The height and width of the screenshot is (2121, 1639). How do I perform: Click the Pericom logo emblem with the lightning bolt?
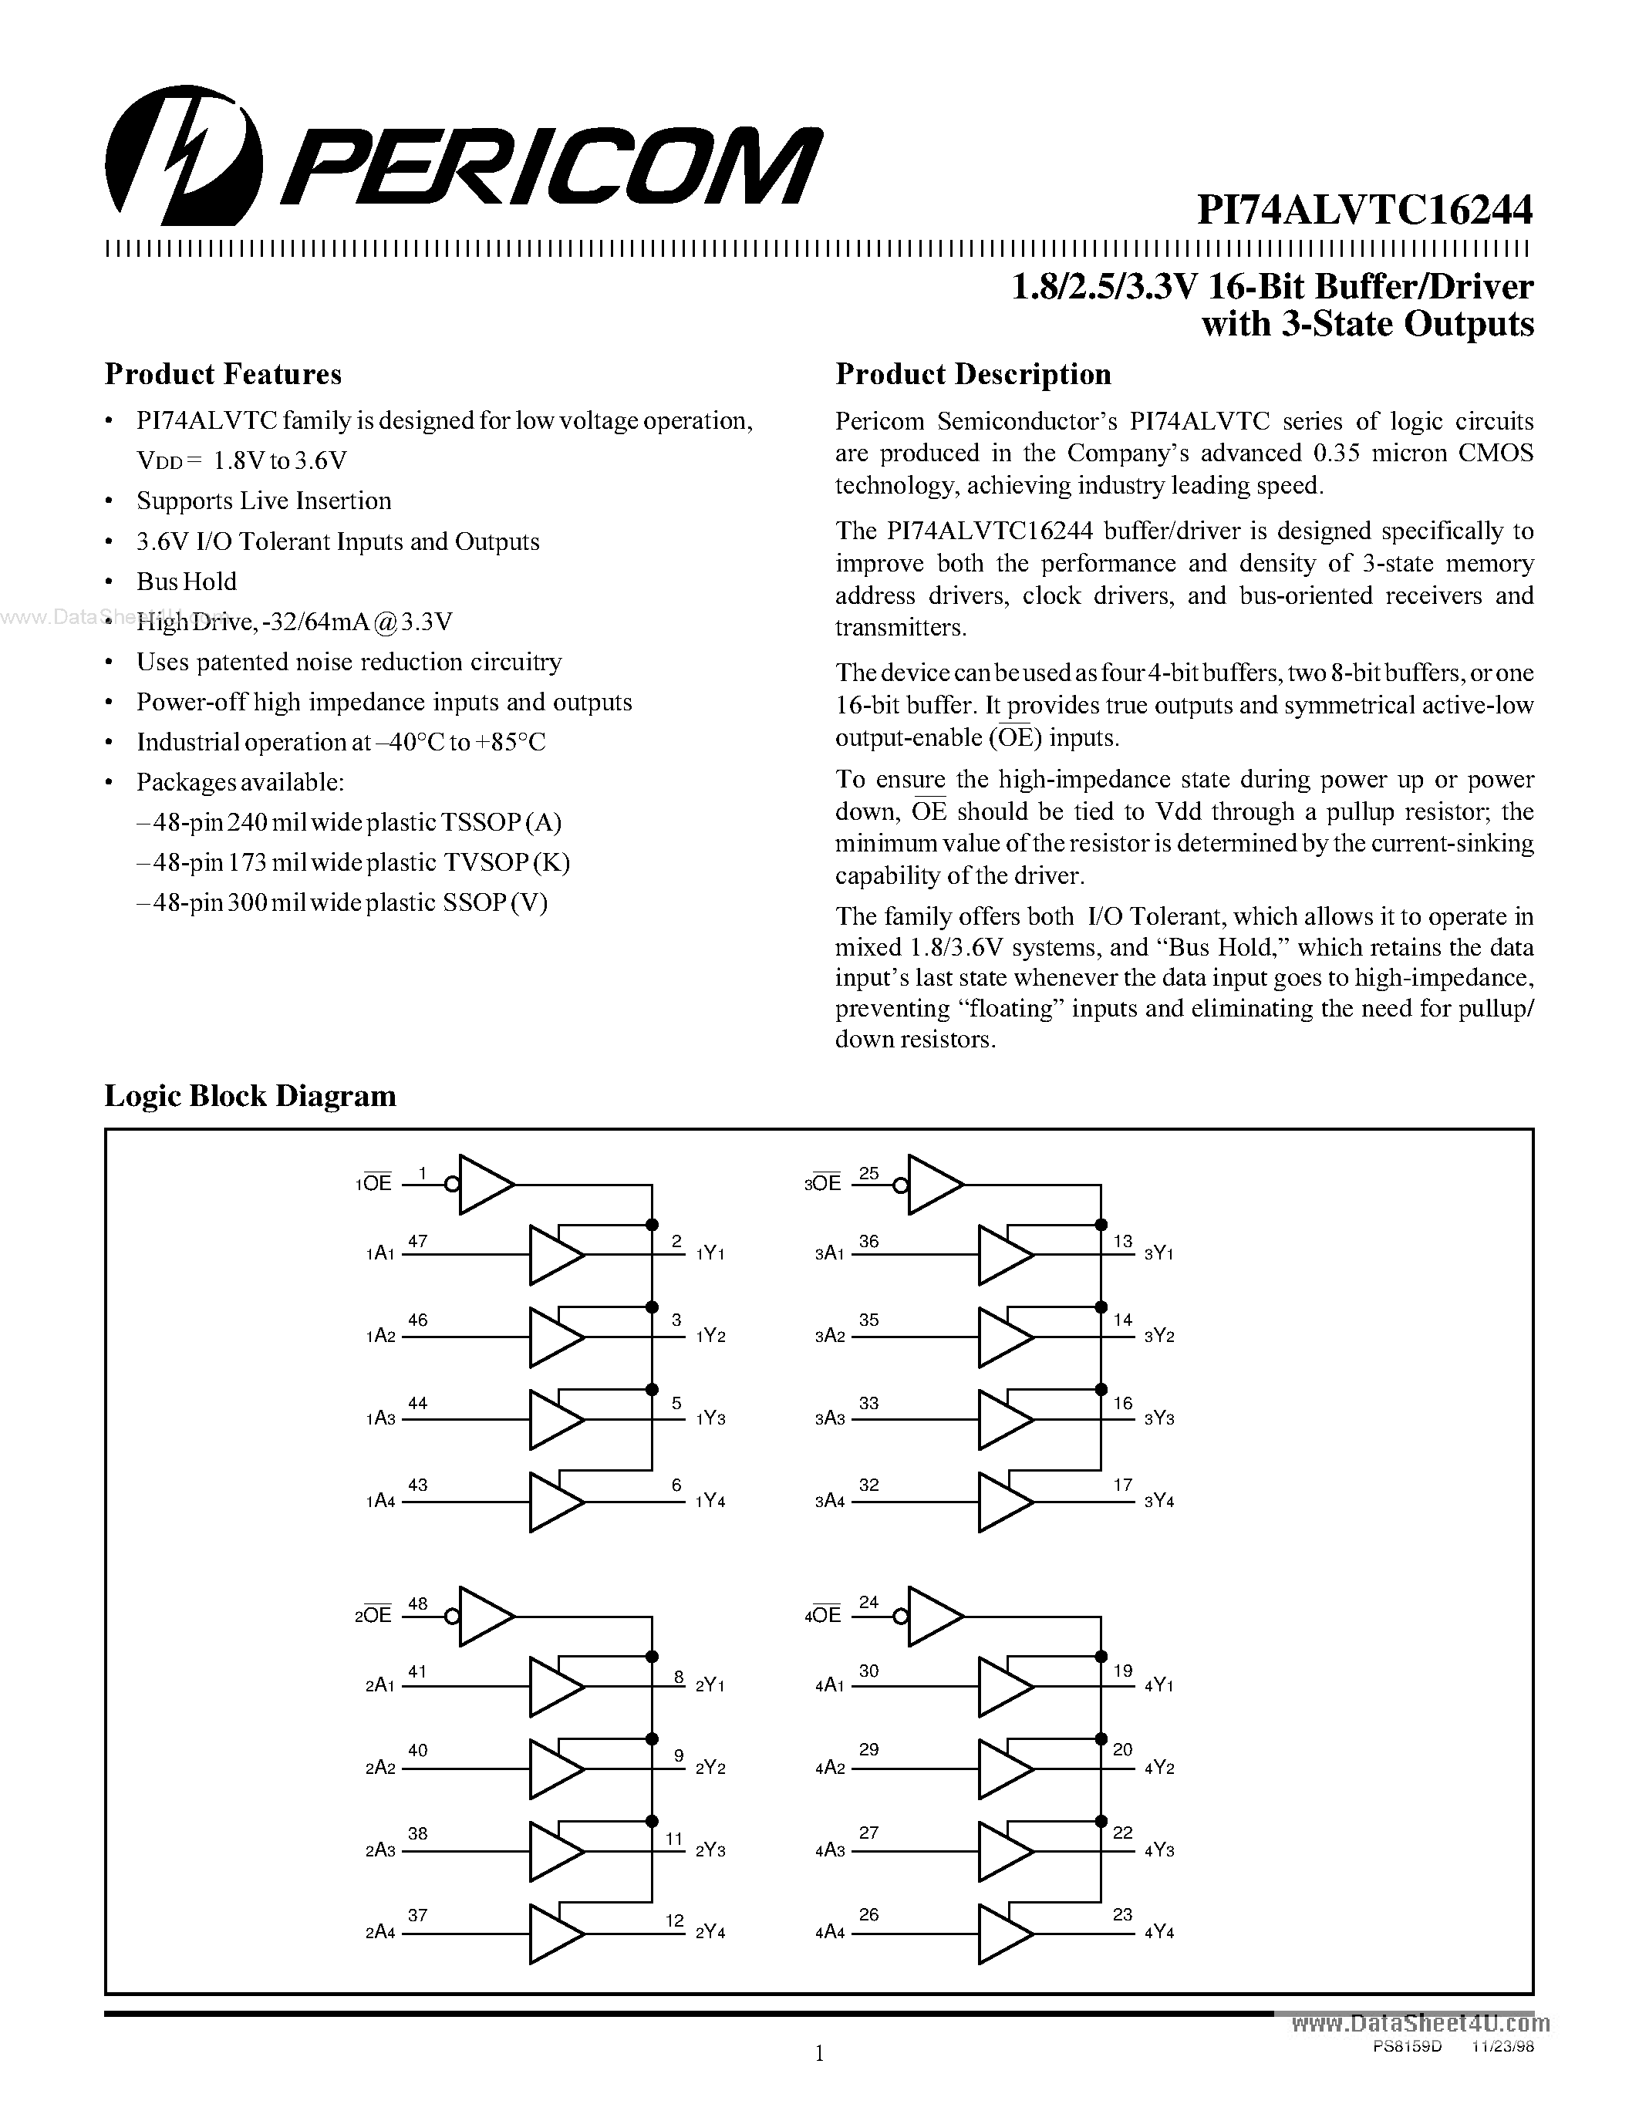184,155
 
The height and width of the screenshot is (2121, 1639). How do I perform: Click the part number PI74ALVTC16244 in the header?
1364,209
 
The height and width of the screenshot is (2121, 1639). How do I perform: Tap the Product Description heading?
973,374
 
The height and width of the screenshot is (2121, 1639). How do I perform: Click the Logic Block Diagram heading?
250,1095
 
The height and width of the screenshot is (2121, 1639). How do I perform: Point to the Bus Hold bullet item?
187,582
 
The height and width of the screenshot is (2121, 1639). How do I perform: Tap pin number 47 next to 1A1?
417,1240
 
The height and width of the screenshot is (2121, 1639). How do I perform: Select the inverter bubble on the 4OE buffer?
901,1617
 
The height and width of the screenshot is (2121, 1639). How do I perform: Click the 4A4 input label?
829,1933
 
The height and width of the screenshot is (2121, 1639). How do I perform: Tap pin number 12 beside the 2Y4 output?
675,1920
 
